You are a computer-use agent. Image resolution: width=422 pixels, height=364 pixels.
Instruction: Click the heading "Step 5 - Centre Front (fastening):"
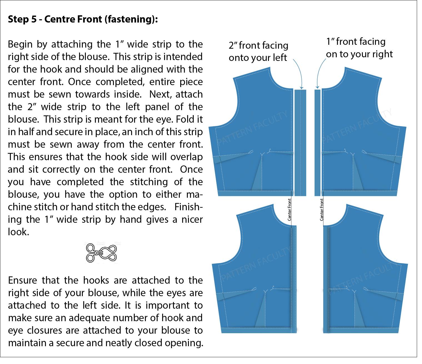tap(83, 19)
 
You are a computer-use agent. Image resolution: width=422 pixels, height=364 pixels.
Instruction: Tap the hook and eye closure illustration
tap(101, 252)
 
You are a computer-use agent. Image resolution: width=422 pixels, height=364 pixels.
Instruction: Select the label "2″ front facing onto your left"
tap(258, 51)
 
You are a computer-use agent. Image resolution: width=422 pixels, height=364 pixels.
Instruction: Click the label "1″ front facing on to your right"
tap(359, 48)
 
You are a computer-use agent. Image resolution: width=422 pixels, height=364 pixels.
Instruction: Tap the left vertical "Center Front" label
tap(289, 210)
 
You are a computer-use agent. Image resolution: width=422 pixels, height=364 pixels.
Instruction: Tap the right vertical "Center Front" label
tap(322, 210)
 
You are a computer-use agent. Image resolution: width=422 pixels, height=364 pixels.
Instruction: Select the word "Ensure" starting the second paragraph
tap(23, 280)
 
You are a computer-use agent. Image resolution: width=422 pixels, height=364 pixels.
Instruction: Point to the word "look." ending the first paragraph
tap(18, 232)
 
